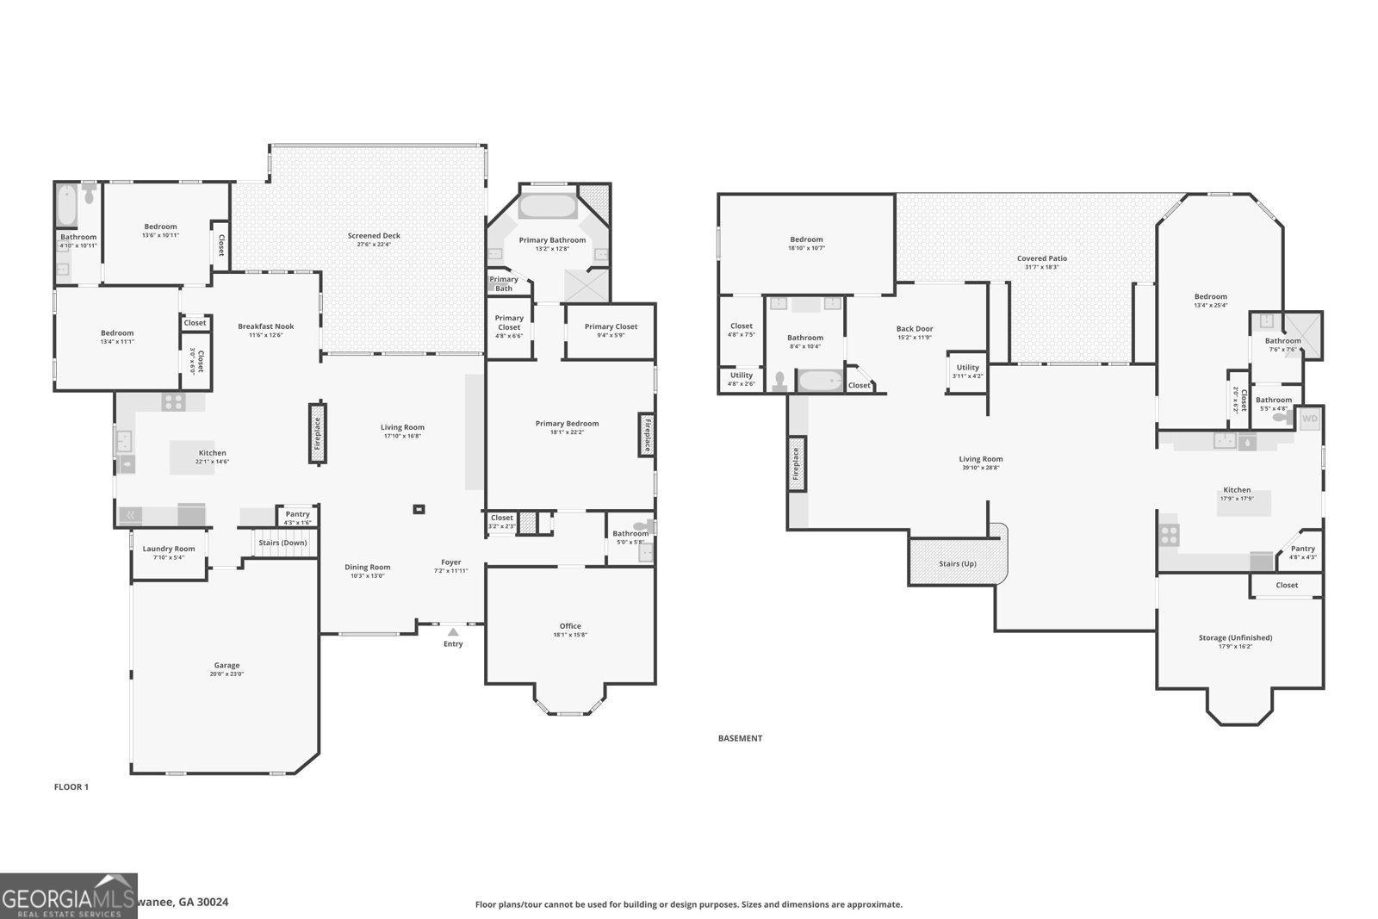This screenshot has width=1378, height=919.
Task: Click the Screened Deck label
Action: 374,236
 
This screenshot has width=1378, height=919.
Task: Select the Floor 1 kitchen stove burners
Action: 173,401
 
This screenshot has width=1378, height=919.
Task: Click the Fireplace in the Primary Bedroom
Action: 646,433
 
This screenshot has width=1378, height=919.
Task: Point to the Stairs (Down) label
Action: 282,543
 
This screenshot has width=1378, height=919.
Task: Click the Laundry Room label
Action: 169,549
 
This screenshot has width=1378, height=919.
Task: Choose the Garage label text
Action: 227,665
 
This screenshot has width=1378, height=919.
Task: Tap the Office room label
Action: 570,626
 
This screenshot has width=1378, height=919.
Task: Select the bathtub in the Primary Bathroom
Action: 548,208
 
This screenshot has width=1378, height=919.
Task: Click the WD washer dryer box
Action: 1309,419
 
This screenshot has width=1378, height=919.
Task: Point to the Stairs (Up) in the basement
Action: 957,563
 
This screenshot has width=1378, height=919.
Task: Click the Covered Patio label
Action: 1041,258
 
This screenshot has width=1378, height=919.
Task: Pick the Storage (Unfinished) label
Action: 1235,637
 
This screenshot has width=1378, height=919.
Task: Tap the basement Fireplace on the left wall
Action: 797,463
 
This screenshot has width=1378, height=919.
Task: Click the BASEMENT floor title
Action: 740,738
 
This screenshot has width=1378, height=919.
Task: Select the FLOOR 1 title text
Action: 71,786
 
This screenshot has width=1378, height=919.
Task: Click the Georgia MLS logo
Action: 68,896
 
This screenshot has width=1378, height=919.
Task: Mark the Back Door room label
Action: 914,329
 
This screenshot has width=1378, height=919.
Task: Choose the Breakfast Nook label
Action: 265,326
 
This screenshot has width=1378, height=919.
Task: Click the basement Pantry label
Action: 1302,549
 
